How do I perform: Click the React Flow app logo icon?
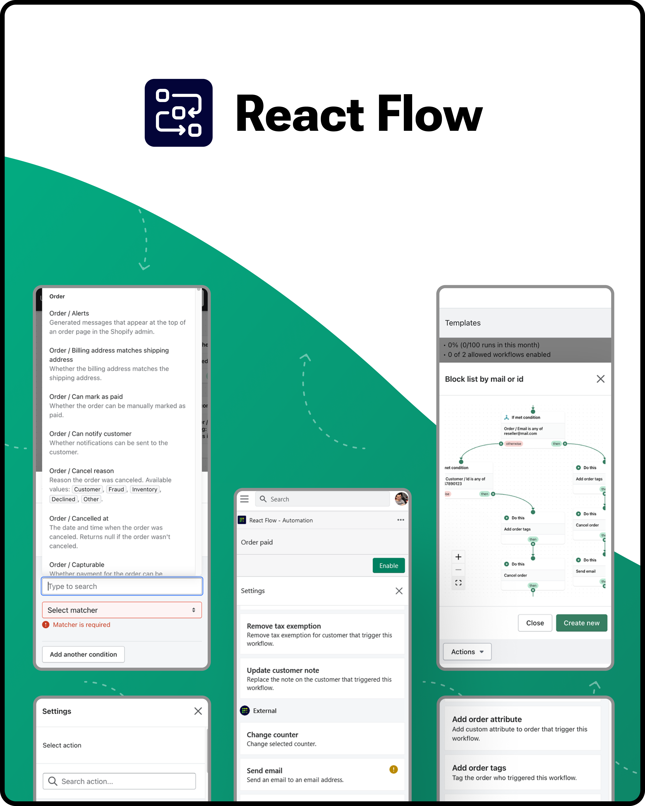click(x=178, y=112)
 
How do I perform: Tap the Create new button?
click(x=581, y=623)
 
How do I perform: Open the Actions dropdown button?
click(x=467, y=652)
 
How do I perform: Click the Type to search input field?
click(x=122, y=586)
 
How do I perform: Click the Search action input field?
click(x=119, y=781)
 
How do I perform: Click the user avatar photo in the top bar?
click(x=401, y=499)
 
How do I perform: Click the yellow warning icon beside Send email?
click(x=393, y=769)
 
